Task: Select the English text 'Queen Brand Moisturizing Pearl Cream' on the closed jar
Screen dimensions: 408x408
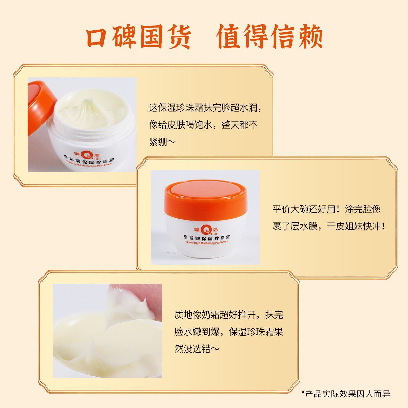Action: (207, 242)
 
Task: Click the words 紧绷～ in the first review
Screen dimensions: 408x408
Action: (163, 142)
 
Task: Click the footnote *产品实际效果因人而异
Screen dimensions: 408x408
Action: (345, 394)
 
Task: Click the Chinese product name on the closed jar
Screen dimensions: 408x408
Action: (207, 237)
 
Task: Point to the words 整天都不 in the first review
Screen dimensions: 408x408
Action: (239, 124)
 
